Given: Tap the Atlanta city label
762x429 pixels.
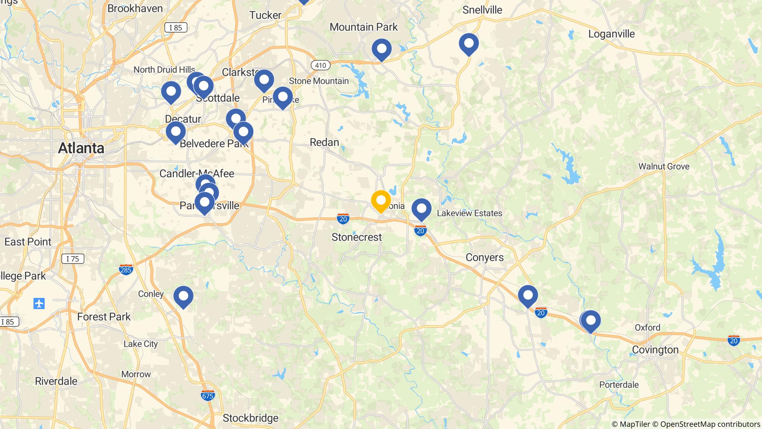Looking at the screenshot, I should pyautogui.click(x=81, y=148).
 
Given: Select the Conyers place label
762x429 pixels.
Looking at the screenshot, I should pyautogui.click(x=485, y=257).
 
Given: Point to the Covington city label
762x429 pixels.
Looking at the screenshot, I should pyautogui.click(x=655, y=350).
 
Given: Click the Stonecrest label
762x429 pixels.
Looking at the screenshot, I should pyautogui.click(x=356, y=237).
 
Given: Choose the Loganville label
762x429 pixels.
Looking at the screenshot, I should pyautogui.click(x=611, y=34).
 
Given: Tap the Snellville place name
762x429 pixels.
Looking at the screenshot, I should pyautogui.click(x=482, y=10).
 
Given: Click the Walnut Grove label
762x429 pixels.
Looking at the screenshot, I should pyautogui.click(x=664, y=166).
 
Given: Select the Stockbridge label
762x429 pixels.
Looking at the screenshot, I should pyautogui.click(x=250, y=418).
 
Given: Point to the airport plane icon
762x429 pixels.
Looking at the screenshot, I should pyautogui.click(x=39, y=304).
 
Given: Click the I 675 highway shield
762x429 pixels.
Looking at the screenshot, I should pyautogui.click(x=208, y=395).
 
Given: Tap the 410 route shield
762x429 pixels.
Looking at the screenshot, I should pyautogui.click(x=320, y=66).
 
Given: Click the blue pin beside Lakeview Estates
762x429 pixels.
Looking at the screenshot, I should pyautogui.click(x=421, y=208).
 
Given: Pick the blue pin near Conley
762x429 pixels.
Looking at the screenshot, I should pyautogui.click(x=183, y=296).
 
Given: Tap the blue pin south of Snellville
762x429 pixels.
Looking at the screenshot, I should pyautogui.click(x=469, y=43).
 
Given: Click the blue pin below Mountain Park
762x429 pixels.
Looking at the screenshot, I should pyautogui.click(x=382, y=48).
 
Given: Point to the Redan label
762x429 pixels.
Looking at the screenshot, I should pyautogui.click(x=324, y=142).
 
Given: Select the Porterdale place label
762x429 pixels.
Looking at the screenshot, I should pyautogui.click(x=619, y=385).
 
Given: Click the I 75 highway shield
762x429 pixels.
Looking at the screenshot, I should pyautogui.click(x=73, y=259).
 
